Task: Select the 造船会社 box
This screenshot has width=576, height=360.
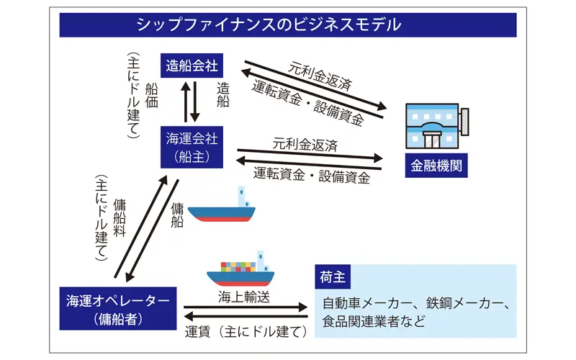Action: [191, 66]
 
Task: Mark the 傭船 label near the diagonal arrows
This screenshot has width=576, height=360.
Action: [178, 216]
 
